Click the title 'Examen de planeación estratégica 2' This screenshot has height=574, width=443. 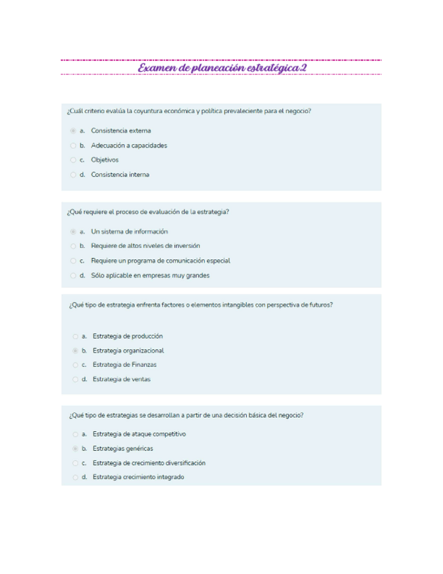click(222, 68)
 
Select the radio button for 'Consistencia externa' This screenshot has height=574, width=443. click(73, 131)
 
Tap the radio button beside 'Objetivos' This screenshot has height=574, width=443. click(73, 160)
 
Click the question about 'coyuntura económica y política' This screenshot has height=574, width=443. click(189, 111)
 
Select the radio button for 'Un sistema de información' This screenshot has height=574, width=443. click(73, 231)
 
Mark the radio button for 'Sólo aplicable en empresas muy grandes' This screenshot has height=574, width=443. click(73, 275)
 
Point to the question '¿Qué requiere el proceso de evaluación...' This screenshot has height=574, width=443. click(147, 212)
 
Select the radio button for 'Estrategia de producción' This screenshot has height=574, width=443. click(75, 336)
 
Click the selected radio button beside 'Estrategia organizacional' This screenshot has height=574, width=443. click(75, 351)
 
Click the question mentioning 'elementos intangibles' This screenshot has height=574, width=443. click(200, 305)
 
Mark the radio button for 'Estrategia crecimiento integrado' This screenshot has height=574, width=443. click(75, 477)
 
